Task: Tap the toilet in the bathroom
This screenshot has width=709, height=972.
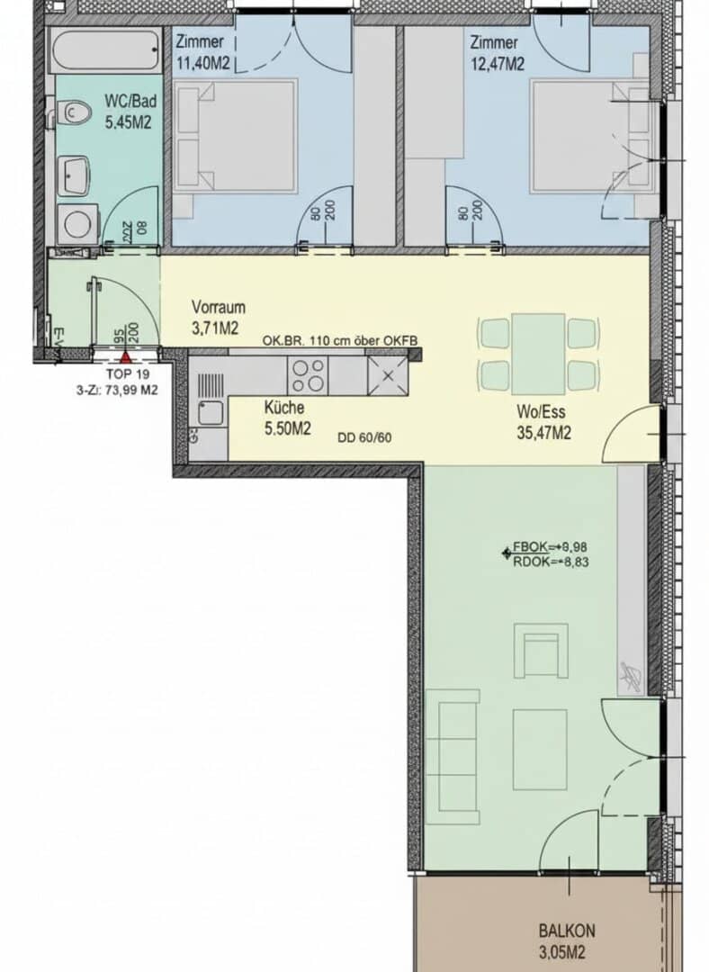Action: pyautogui.click(x=75, y=113)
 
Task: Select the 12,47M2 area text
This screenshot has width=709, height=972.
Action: pyautogui.click(x=495, y=63)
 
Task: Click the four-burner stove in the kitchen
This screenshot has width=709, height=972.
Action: pyautogui.click(x=307, y=373)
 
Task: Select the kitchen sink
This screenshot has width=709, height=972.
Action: pyautogui.click(x=209, y=414)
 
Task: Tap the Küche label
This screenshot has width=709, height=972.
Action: pyautogui.click(x=283, y=408)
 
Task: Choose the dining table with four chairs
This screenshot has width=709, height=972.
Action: pyautogui.click(x=538, y=352)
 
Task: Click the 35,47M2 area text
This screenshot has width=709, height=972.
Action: pyautogui.click(x=543, y=433)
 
